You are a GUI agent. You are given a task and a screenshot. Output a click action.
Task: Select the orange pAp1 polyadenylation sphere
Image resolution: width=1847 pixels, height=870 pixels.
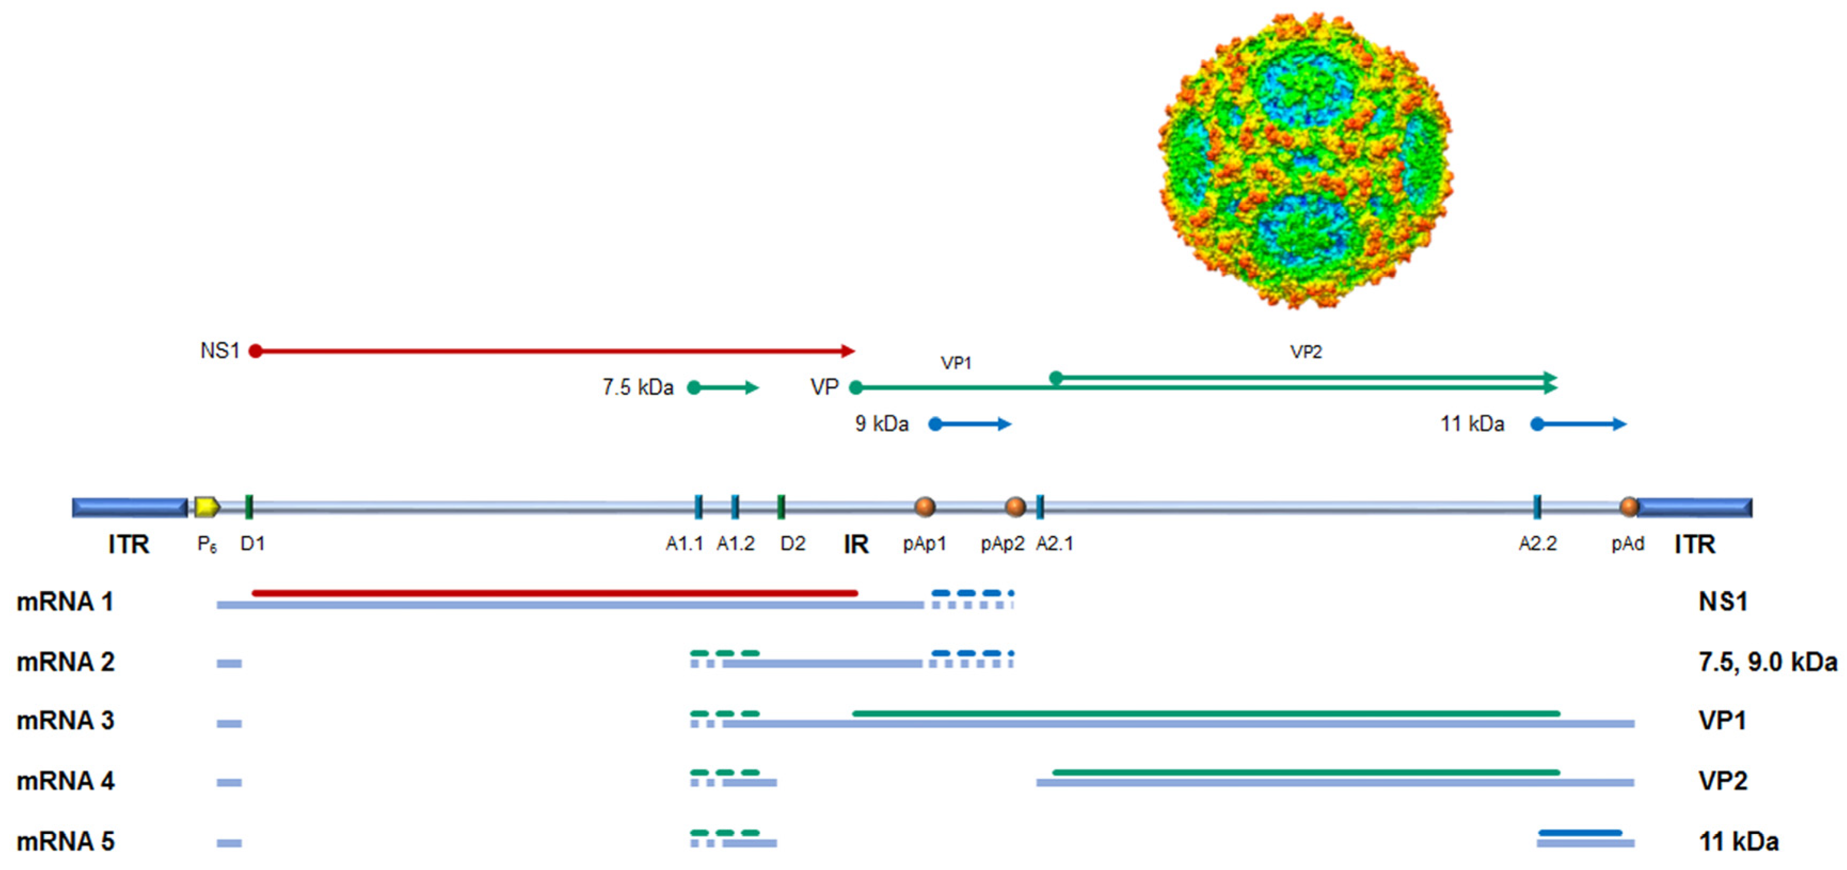[925, 507]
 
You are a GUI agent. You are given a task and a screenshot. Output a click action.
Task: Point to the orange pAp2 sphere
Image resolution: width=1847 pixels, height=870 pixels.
[1015, 507]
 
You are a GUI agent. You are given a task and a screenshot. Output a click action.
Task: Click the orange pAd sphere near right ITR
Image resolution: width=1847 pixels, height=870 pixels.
[1629, 507]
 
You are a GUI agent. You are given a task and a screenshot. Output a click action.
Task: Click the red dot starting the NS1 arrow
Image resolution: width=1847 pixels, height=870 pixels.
[255, 351]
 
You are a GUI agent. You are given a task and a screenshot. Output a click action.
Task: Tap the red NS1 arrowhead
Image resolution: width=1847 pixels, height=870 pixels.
[848, 351]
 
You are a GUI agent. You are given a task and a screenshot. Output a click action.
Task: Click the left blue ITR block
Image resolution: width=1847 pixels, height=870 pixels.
[130, 507]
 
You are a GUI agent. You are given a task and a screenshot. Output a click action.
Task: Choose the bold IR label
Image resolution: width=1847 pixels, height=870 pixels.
[856, 545]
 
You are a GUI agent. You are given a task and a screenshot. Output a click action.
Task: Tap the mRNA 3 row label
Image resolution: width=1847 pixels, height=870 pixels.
[65, 720]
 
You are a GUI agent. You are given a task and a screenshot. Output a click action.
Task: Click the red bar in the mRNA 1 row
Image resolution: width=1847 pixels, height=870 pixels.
[555, 593]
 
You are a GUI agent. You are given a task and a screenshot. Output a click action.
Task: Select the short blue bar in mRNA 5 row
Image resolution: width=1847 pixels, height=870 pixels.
[1580, 833]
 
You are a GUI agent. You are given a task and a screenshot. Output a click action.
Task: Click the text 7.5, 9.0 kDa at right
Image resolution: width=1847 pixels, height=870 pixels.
[1768, 661]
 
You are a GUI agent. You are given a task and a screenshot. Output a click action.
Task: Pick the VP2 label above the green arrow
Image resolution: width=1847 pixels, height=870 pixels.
[1305, 352]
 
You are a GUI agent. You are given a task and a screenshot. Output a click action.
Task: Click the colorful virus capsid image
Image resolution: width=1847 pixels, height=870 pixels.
[1305, 161]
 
